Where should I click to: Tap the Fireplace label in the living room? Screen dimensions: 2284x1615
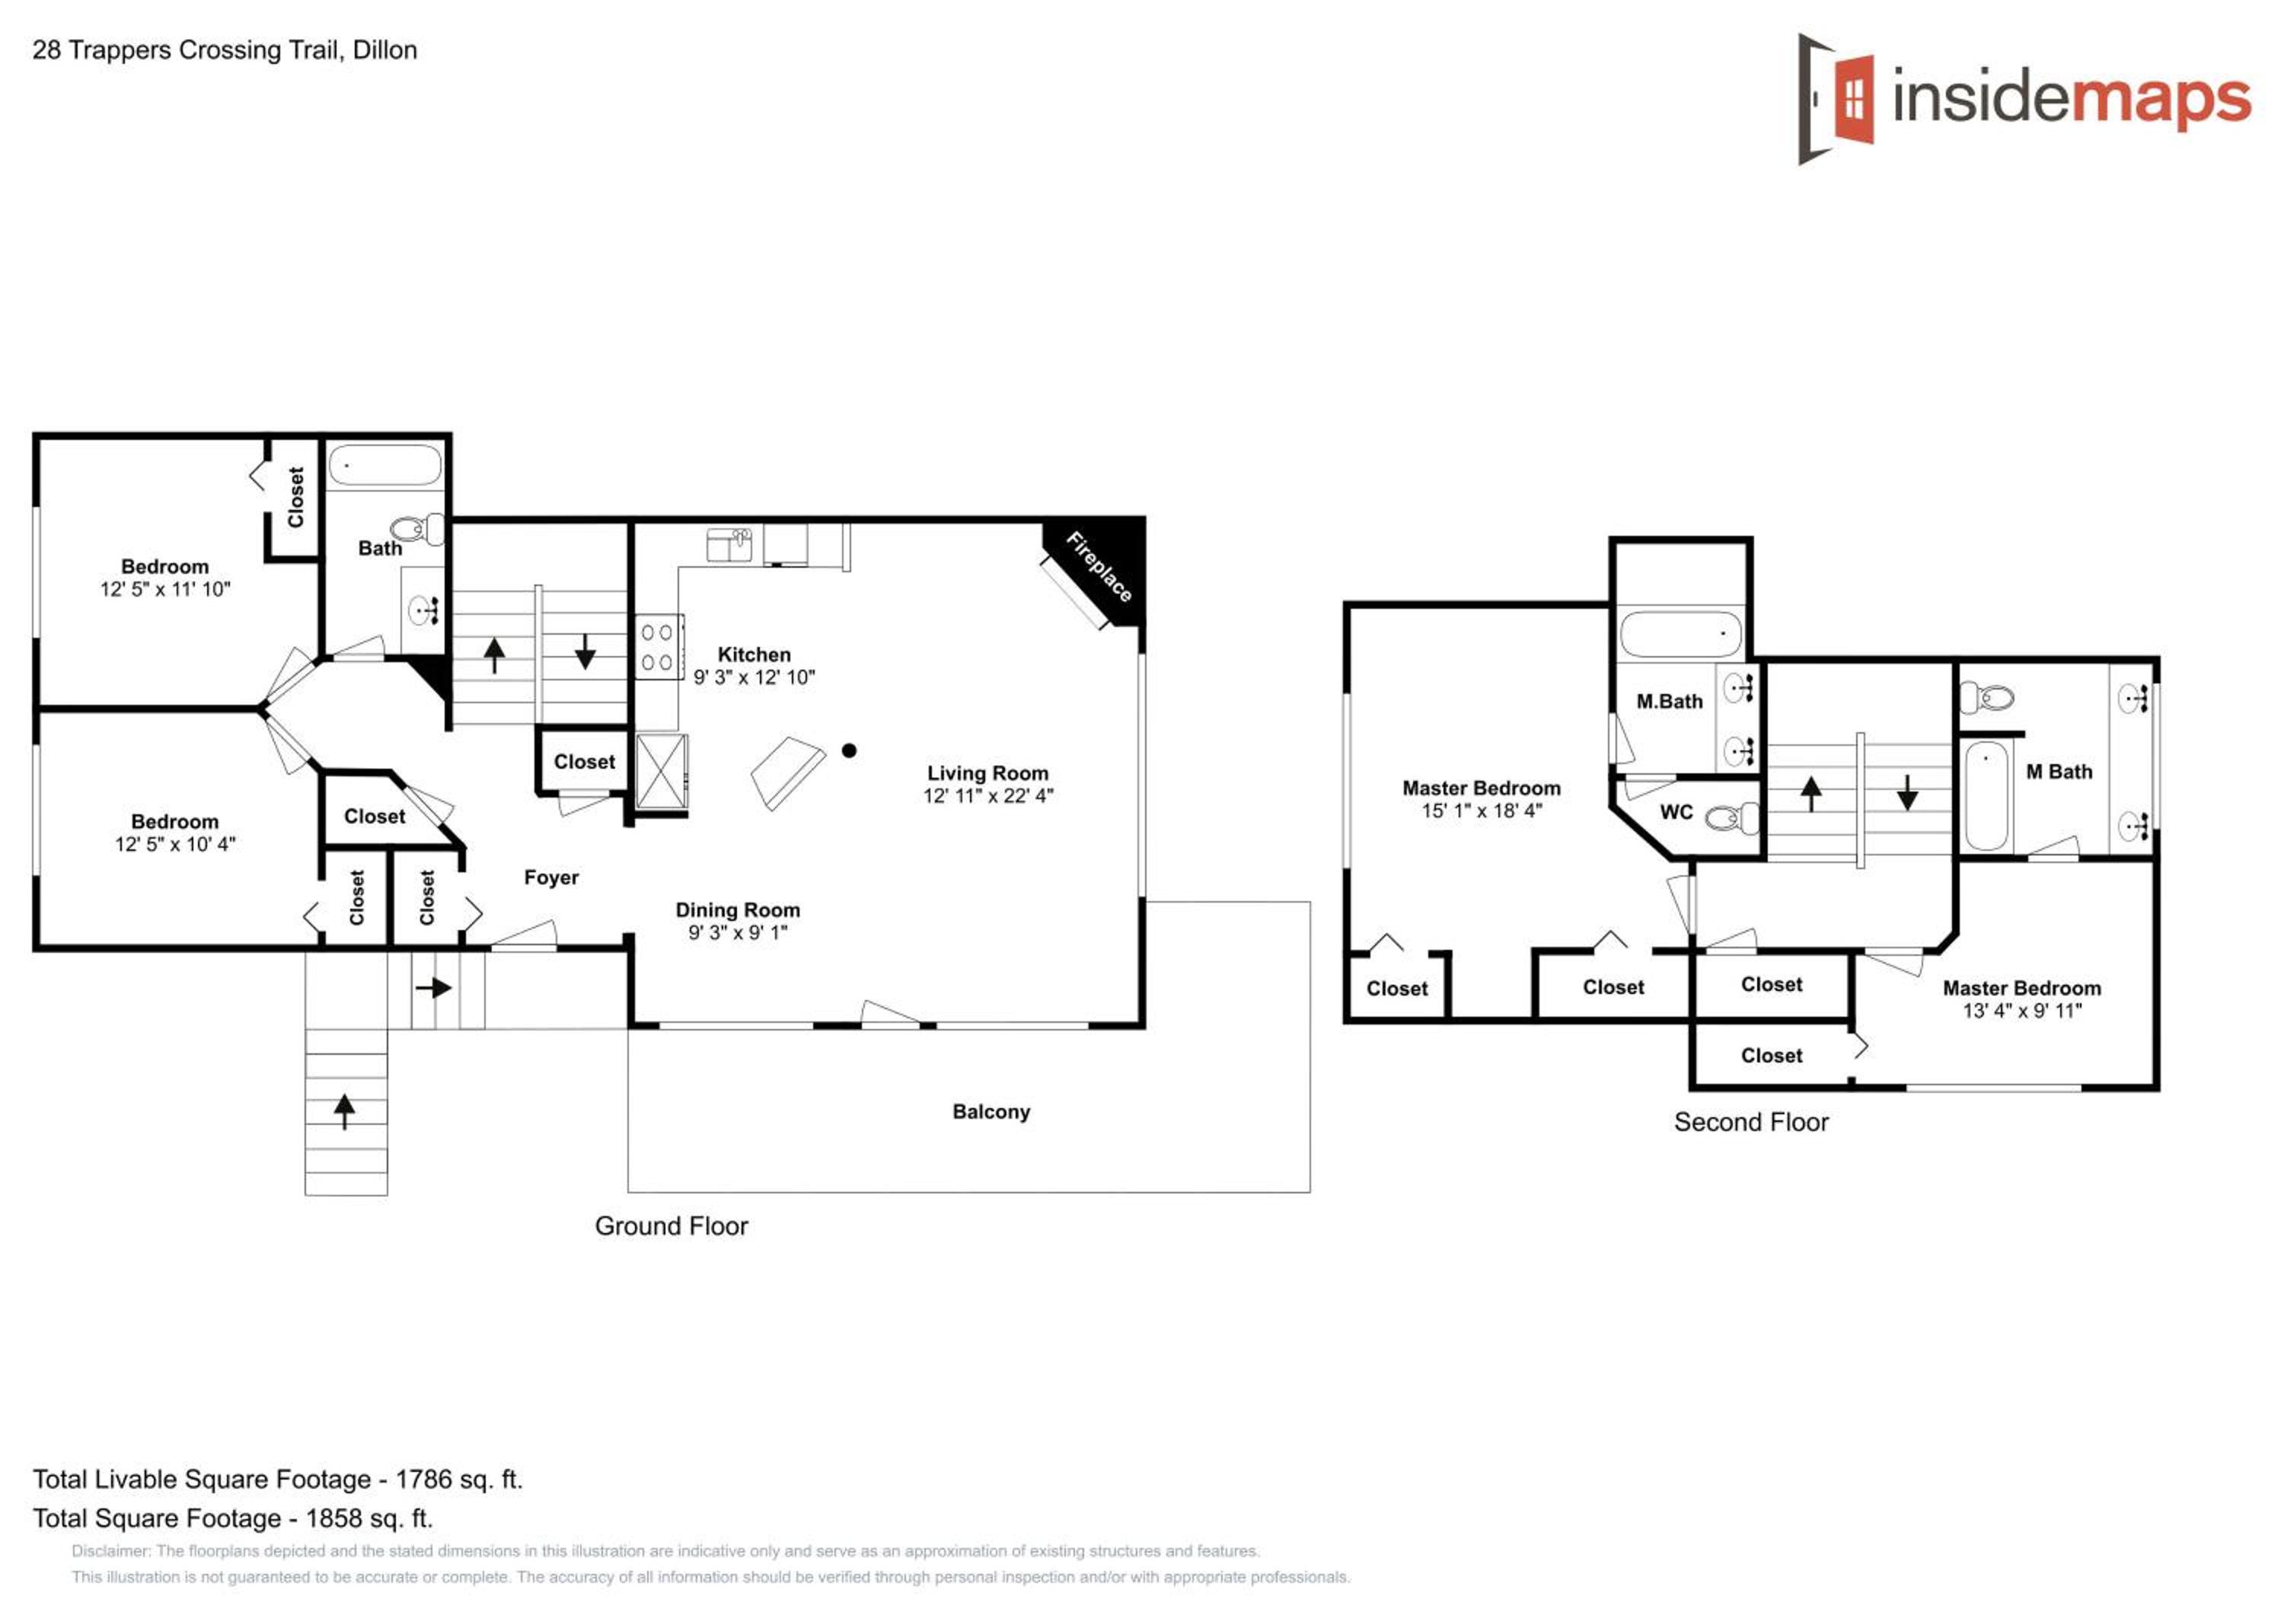point(1099,567)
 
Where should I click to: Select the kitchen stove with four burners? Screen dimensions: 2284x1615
point(658,646)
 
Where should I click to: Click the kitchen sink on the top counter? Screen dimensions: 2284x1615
point(729,545)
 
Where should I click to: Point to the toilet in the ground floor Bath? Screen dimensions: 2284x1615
point(418,528)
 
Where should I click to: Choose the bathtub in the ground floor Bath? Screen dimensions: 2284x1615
point(385,464)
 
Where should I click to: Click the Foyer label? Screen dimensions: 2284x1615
point(551,877)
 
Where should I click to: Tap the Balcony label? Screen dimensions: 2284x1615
point(990,1112)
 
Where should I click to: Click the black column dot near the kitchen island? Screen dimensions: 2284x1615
point(849,751)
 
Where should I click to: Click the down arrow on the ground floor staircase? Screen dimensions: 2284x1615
point(585,651)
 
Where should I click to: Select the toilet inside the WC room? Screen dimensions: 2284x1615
point(1732,818)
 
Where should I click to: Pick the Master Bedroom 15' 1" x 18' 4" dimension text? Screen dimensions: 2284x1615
point(1482,811)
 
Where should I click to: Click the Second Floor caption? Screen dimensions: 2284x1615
point(1751,1123)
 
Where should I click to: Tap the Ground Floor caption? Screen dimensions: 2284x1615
point(671,1226)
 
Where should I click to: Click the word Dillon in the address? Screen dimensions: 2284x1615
point(385,49)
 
